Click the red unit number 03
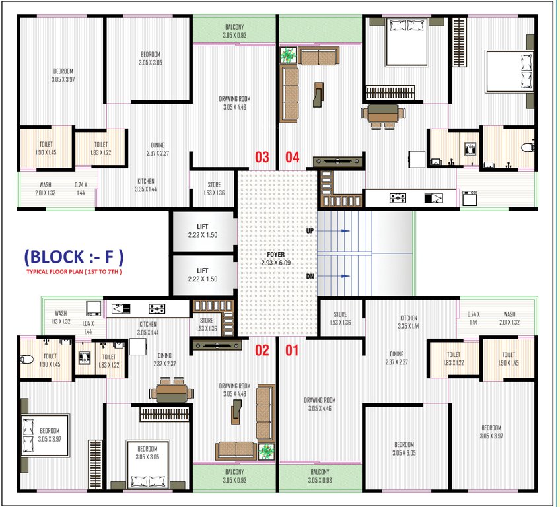click(262, 157)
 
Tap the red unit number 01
click(292, 350)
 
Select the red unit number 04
click(292, 157)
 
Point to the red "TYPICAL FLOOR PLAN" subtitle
click(74, 272)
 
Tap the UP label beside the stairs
click(309, 232)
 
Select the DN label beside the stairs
click(309, 277)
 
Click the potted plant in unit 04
click(288, 55)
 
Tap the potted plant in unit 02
click(266, 452)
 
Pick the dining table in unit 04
click(383, 114)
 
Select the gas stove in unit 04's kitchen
click(398, 197)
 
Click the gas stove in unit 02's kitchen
click(157, 308)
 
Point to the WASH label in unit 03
click(45, 186)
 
